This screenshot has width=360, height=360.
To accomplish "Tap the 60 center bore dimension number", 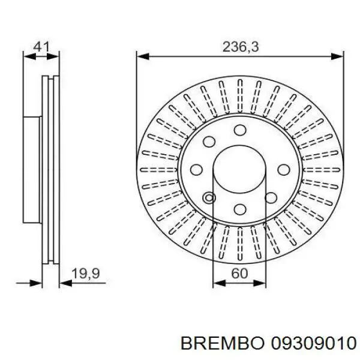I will [x=239, y=273].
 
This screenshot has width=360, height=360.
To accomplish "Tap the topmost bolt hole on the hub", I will [x=240, y=130].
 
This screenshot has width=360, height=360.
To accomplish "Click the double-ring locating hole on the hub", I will [x=209, y=198].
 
